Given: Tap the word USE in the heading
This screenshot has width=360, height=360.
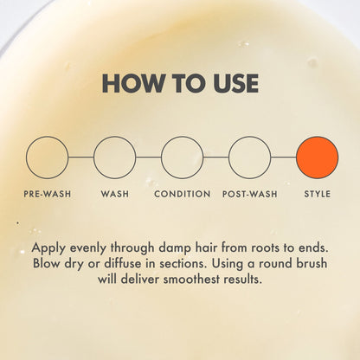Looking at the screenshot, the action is click(x=235, y=83).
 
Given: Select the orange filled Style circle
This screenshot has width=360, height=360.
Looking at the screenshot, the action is click(x=318, y=157).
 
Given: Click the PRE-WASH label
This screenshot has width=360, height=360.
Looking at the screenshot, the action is click(x=48, y=194).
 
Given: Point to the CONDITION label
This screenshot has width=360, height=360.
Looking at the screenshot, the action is click(x=183, y=194).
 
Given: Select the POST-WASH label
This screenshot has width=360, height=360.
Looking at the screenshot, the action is click(x=250, y=194).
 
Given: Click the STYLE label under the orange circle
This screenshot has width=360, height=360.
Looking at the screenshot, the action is click(x=318, y=194).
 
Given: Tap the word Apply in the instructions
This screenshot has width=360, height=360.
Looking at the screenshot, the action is click(x=49, y=248).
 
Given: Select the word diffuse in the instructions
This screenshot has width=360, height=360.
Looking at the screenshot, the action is click(x=127, y=264).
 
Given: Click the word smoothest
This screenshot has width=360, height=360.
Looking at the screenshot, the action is click(x=191, y=280).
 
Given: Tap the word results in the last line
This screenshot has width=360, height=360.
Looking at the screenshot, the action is click(x=243, y=280).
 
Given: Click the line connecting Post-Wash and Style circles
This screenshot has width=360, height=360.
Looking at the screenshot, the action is click(x=284, y=157).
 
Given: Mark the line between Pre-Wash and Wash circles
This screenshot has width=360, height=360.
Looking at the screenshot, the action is click(x=81, y=157).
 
